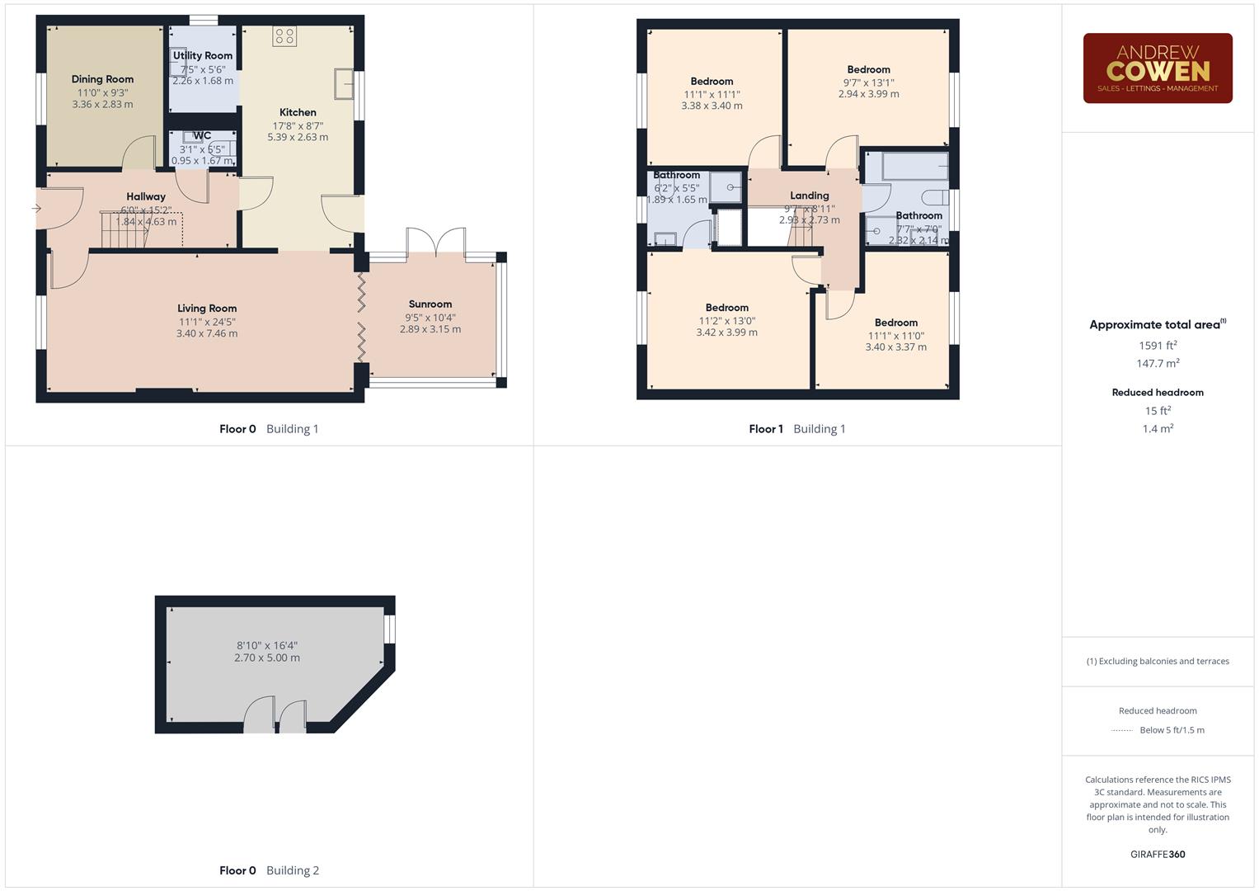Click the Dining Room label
coord(102,79)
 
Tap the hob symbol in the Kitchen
coord(284,36)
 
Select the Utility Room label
coord(203,55)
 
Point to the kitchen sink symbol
coord(344,83)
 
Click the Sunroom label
coord(430,304)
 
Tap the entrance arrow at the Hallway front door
coord(36,209)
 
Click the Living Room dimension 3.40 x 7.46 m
coord(207,333)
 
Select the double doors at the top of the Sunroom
coord(436,244)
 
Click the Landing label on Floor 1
coord(809,196)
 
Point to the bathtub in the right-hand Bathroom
coord(914,166)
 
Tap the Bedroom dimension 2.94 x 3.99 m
coord(868,94)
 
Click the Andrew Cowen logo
coord(1158,68)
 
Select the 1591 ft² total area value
coord(1158,346)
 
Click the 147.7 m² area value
coord(1158,363)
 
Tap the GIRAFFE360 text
coord(1158,854)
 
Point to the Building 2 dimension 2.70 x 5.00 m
coord(267,658)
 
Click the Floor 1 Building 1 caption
coord(796,429)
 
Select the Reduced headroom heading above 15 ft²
coord(1158,392)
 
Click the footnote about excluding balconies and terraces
coord(1158,661)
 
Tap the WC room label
coord(202,136)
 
